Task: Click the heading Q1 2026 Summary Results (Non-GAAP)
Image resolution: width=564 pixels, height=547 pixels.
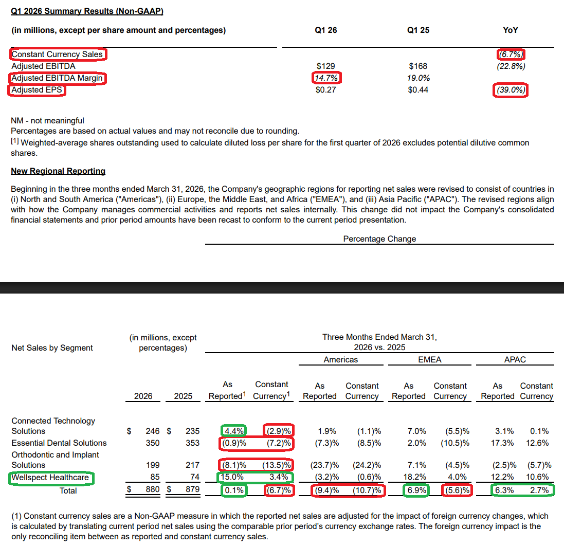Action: pos(87,11)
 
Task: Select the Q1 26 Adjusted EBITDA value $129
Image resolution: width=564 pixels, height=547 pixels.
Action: pos(325,66)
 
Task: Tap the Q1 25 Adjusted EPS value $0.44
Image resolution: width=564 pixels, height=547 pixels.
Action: pos(418,90)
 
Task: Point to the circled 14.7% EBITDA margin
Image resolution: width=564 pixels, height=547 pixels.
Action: pos(326,78)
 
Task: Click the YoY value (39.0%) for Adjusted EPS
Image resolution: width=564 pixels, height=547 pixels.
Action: pos(511,90)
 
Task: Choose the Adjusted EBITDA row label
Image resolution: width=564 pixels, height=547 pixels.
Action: pos(44,66)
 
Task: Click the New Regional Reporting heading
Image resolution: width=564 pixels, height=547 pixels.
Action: pos(58,171)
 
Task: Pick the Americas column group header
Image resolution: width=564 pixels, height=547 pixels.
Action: pos(341,360)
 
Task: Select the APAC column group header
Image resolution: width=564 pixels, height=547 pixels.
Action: pos(515,360)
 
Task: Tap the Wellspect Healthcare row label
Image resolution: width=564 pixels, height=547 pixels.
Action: pos(50,478)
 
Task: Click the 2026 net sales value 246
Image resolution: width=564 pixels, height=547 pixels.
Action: pos(153,431)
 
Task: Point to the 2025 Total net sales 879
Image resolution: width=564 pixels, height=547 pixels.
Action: pos(192,489)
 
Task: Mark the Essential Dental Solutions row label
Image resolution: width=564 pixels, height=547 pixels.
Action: pos(59,443)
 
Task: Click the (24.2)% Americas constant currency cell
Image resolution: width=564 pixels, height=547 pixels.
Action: pos(367,465)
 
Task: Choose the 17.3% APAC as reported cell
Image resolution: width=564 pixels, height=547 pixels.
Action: pos(502,443)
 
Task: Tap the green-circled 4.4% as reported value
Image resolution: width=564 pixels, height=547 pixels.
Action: pos(234,431)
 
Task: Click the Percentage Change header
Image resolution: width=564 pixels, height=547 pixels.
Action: pos(379,239)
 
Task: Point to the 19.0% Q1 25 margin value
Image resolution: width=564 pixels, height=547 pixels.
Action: pos(419,78)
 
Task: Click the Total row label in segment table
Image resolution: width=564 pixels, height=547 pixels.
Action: pos(68,491)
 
